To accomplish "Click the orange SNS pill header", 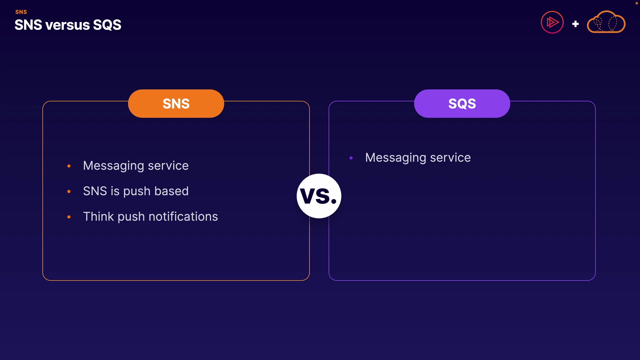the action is click(x=176, y=103).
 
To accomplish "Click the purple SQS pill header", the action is click(x=462, y=103).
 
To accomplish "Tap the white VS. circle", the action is click(x=319, y=196).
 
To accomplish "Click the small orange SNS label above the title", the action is click(x=21, y=12).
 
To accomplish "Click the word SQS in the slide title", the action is click(x=107, y=25).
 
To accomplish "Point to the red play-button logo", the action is click(x=552, y=22).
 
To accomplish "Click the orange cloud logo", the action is click(x=606, y=22).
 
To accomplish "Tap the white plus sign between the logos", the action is click(x=575, y=24).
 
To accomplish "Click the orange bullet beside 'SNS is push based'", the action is click(x=69, y=191).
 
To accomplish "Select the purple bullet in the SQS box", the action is click(x=351, y=158).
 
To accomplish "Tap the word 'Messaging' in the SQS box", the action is click(x=396, y=158).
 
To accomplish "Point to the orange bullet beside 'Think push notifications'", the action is click(x=69, y=217).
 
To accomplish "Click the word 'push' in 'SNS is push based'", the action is click(x=137, y=192).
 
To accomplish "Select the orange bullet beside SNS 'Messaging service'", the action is click(x=69, y=166).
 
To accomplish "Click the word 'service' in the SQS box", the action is click(x=450, y=158).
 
